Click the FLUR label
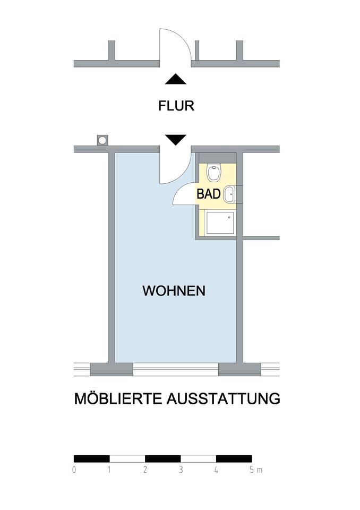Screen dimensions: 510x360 click(176, 106)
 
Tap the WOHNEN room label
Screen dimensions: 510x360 click(174, 291)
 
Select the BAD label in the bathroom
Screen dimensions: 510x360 click(209, 194)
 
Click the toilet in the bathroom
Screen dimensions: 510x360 click(215, 172)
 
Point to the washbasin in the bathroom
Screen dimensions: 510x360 click(229, 195)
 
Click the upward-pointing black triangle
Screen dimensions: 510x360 click(176, 80)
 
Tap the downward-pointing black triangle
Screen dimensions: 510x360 click(176, 140)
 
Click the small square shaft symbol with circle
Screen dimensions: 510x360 click(102, 140)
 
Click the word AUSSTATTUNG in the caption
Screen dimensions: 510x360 click(223, 398)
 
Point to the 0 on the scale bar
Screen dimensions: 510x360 click(74, 470)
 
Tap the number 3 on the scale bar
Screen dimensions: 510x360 click(181, 470)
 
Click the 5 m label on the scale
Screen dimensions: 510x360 click(255, 470)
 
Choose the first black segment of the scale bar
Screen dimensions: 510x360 click(91, 458)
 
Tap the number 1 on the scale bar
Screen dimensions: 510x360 click(109, 470)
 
